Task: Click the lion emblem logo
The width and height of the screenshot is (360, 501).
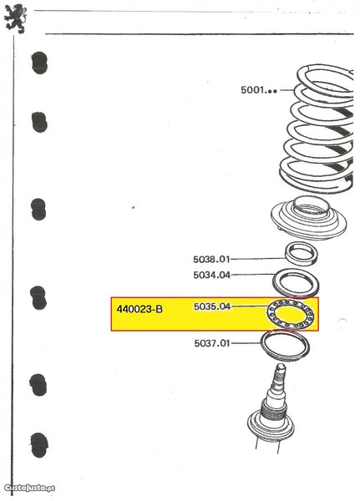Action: pyautogui.click(x=15, y=18)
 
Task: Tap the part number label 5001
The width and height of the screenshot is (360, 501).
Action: pyautogui.click(x=259, y=90)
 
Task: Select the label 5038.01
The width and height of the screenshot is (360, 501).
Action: pyautogui.click(x=211, y=259)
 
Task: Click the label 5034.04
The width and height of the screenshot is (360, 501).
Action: pyautogui.click(x=211, y=275)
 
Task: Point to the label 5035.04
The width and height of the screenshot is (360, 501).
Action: pyautogui.click(x=212, y=306)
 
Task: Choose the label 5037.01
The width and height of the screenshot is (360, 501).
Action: pyautogui.click(x=212, y=343)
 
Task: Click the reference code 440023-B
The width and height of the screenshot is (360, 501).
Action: pyautogui.click(x=139, y=309)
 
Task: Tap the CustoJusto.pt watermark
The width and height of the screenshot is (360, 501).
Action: pyautogui.click(x=29, y=488)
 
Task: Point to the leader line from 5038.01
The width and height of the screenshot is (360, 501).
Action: pyautogui.click(x=258, y=259)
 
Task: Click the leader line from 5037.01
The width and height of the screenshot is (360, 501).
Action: pyautogui.click(x=246, y=343)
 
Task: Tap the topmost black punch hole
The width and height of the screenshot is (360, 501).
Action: pyautogui.click(x=39, y=63)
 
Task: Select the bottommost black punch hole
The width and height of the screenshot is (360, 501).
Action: pyautogui.click(x=39, y=445)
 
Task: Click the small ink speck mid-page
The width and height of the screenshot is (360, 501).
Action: pyautogui.click(x=134, y=207)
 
